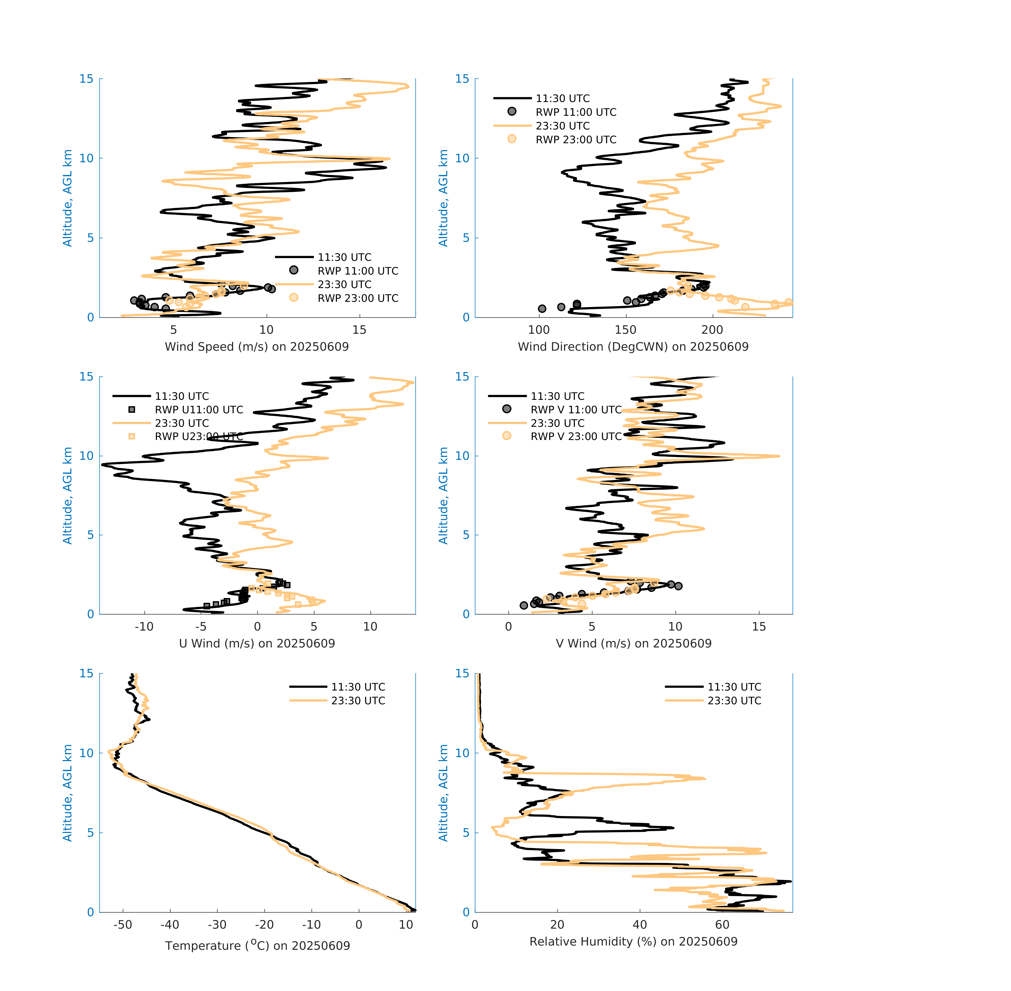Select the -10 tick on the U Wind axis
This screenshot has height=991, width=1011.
pos(144,627)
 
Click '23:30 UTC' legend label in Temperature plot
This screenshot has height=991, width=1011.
pos(358,701)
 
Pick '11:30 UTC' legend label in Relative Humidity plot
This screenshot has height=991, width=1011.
pos(734,687)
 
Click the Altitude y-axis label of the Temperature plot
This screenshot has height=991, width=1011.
pos(67,793)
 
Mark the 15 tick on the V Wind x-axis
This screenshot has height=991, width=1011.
pos(759,627)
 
